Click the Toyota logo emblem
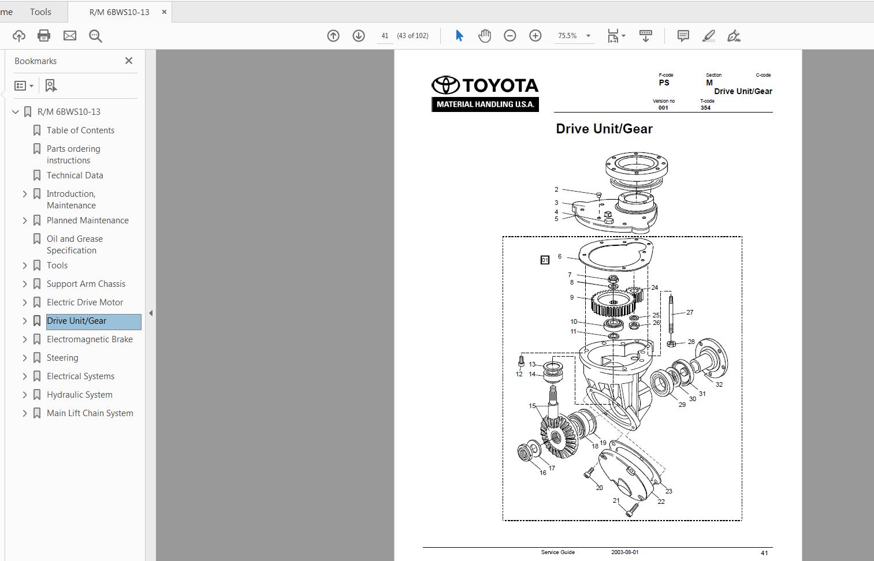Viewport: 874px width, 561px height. tap(445, 85)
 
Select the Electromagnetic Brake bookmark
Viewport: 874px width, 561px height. tap(90, 339)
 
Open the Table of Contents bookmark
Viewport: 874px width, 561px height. tap(80, 130)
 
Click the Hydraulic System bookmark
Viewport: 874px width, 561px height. tap(80, 395)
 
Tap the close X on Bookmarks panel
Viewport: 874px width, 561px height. tap(129, 61)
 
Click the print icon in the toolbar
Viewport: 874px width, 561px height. tap(44, 36)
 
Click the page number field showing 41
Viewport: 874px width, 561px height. tap(385, 36)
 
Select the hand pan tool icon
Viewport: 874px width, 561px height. tap(484, 36)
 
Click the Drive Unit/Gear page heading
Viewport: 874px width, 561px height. tap(604, 129)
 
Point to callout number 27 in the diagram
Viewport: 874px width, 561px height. tap(690, 312)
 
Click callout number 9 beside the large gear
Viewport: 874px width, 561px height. tap(572, 298)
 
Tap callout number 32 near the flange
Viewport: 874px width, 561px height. tap(719, 384)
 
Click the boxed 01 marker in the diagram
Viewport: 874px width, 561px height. tap(545, 260)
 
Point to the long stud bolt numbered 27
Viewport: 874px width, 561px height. tap(671, 315)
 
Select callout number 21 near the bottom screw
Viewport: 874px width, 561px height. tap(616, 500)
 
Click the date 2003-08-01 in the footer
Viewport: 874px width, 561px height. tap(624, 552)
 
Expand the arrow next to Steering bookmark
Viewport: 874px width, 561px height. tap(25, 358)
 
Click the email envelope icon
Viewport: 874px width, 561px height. tap(70, 36)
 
